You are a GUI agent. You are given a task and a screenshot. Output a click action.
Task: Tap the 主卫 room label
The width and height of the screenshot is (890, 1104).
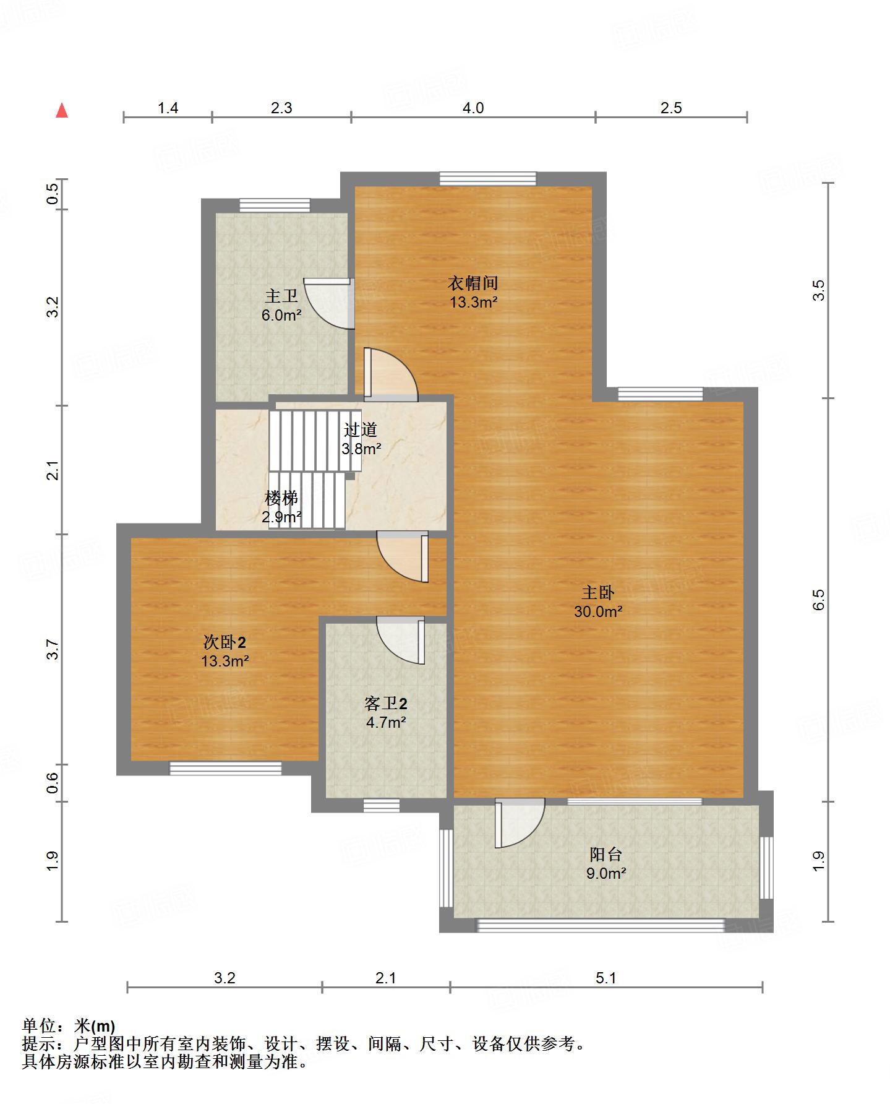pyautogui.click(x=281, y=296)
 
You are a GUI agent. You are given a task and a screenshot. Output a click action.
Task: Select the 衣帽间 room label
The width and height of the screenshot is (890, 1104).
pyautogui.click(x=473, y=283)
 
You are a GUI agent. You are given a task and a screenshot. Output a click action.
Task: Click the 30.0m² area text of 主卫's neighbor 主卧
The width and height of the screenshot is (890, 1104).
pyautogui.click(x=598, y=611)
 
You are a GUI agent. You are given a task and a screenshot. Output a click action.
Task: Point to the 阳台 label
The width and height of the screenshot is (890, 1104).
pyautogui.click(x=606, y=855)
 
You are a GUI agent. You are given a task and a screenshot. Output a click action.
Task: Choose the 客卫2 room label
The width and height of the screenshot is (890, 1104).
pyautogui.click(x=386, y=704)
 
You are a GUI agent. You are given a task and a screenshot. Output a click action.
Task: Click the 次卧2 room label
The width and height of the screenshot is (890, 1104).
pyautogui.click(x=225, y=642)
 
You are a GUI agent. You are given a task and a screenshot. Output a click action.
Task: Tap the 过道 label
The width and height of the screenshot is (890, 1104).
pyautogui.click(x=361, y=429)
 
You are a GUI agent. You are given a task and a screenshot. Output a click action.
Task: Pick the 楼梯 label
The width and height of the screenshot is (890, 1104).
pyautogui.click(x=281, y=498)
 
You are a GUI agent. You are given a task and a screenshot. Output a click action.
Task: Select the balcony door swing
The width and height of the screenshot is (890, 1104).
pyautogui.click(x=520, y=823)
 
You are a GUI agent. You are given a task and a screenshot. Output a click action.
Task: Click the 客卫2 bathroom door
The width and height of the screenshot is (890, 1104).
pyautogui.click(x=401, y=640)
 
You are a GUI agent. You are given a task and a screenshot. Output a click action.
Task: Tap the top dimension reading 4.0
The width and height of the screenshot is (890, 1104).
pyautogui.click(x=473, y=108)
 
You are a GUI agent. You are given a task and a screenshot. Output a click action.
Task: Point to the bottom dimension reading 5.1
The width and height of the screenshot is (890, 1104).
pyautogui.click(x=606, y=978)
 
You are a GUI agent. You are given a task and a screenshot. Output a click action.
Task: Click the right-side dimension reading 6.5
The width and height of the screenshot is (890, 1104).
pyautogui.click(x=818, y=600)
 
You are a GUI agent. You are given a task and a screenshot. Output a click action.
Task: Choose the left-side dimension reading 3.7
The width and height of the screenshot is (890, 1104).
pyautogui.click(x=54, y=649)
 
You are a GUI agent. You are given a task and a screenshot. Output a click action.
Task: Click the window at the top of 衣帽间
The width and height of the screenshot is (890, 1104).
pyautogui.click(x=488, y=179)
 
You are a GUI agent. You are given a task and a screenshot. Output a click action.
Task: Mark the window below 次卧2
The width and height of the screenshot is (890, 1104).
pyautogui.click(x=226, y=769)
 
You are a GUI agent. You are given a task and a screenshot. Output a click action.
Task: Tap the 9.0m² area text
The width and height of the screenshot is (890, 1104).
pyautogui.click(x=606, y=874)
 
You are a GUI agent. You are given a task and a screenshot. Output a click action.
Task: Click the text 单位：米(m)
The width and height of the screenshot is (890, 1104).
pyautogui.click(x=69, y=1026)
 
